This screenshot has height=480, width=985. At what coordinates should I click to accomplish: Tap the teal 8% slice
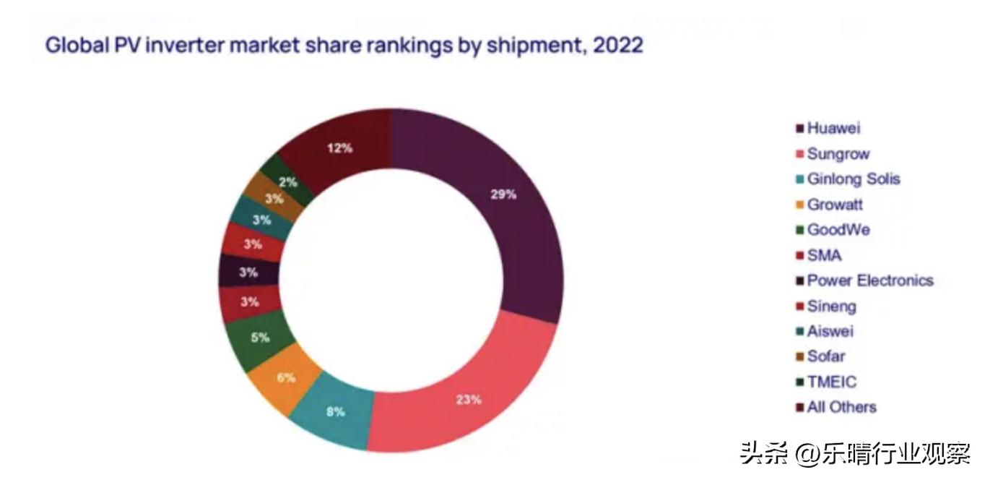(336, 411)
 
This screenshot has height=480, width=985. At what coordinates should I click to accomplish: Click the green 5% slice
(260, 338)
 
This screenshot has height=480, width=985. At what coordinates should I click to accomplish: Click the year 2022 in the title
(617, 46)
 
